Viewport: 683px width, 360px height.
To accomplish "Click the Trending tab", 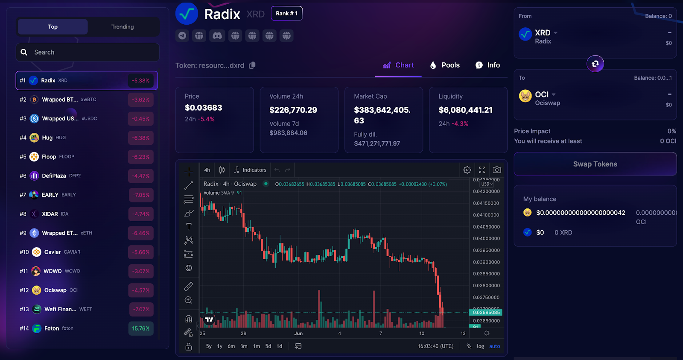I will pos(123,27).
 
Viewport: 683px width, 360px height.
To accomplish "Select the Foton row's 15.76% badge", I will pos(140,328).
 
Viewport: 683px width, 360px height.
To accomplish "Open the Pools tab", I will pos(445,65).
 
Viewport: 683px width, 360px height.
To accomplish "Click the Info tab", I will pos(487,65).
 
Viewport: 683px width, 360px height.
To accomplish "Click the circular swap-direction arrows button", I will pos(595,64).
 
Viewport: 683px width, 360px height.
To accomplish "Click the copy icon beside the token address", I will pos(252,65).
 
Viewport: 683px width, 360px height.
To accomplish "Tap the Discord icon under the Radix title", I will pos(217,36).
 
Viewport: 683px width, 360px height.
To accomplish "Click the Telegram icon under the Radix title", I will pos(182,36).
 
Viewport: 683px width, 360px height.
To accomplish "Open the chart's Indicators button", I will pos(250,170).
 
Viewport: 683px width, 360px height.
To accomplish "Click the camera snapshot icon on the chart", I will pos(496,170).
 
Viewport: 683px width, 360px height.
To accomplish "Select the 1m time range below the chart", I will pos(256,346).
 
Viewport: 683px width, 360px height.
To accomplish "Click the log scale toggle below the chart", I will pos(480,346).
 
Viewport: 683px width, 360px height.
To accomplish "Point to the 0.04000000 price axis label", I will pos(486,239).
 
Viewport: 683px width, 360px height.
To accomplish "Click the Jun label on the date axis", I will pos(298,334).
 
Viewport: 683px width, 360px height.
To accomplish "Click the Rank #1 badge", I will pos(286,14).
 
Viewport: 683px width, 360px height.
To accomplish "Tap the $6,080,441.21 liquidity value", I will pos(465,110).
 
